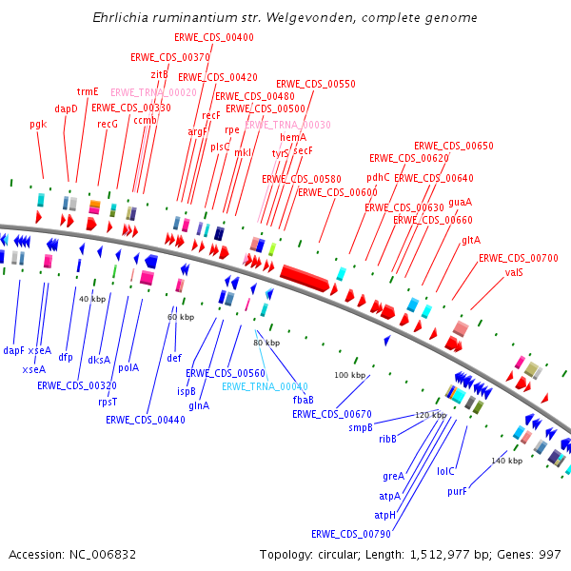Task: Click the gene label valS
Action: [x=514, y=272]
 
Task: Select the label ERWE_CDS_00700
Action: [x=518, y=258]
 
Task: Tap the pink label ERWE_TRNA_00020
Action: [x=153, y=92]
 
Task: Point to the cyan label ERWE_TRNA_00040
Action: [x=265, y=386]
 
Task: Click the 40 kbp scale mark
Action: [x=91, y=299]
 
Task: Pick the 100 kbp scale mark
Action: [x=349, y=375]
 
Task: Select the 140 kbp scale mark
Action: [x=506, y=461]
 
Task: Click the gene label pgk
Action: [x=38, y=124]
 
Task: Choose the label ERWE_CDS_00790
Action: [x=351, y=534]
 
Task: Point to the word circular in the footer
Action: [x=336, y=554]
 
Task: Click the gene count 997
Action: [x=551, y=554]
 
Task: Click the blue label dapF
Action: [x=13, y=350]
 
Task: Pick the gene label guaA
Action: [x=460, y=202]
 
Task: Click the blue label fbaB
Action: [x=304, y=400]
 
